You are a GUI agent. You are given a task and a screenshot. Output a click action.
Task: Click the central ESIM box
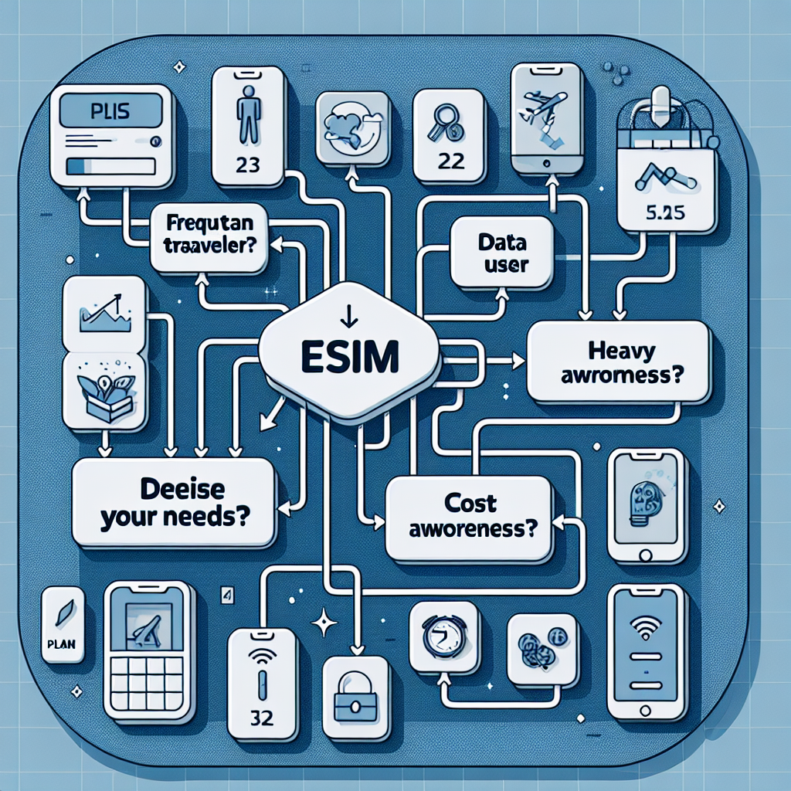[x=348, y=357]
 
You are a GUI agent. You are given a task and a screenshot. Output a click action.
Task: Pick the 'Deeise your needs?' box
[x=172, y=503]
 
